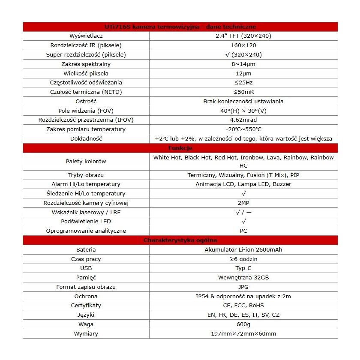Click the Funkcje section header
180,148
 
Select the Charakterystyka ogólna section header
180,240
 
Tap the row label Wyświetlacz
86,36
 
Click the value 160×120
243,45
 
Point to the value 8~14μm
243,64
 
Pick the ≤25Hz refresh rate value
243,82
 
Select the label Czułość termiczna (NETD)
86,92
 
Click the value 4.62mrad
243,120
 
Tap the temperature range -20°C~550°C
243,129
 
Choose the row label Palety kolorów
86,162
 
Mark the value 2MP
243,203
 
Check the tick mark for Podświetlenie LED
243,221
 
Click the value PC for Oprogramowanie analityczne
243,231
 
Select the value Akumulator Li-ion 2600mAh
243,249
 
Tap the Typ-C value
243,268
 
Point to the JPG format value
243,287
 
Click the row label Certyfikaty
86,305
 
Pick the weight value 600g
243,324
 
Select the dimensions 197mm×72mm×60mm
243,333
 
